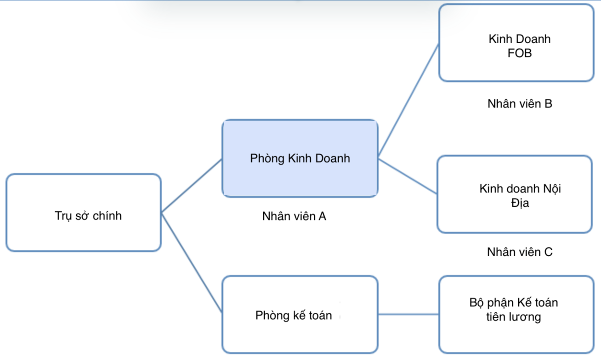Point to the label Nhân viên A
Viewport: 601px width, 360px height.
tap(294, 216)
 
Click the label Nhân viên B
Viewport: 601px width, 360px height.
tap(520, 104)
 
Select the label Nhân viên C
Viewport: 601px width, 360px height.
tap(520, 252)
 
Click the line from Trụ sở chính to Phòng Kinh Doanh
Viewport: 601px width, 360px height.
tap(192, 186)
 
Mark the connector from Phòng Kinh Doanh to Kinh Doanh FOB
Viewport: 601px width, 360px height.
tap(408, 99)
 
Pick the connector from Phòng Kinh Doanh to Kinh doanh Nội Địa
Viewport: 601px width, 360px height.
tap(408, 176)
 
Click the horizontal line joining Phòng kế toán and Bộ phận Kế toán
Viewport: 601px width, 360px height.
tap(408, 315)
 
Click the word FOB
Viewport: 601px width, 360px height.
tap(520, 53)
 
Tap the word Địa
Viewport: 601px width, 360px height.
tap(520, 203)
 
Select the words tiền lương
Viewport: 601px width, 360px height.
tap(513, 317)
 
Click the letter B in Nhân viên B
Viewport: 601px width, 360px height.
tap(548, 104)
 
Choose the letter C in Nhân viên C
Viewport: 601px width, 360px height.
tap(548, 252)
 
